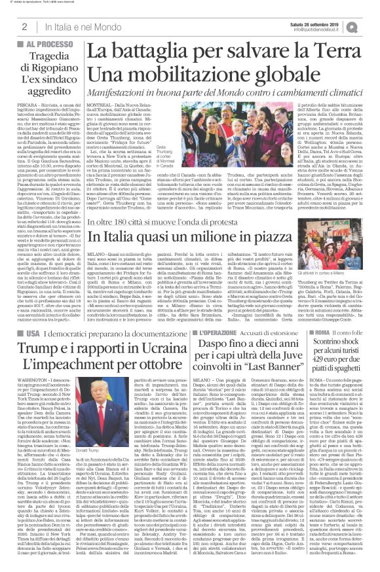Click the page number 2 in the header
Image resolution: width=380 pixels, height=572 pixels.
point(24,26)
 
